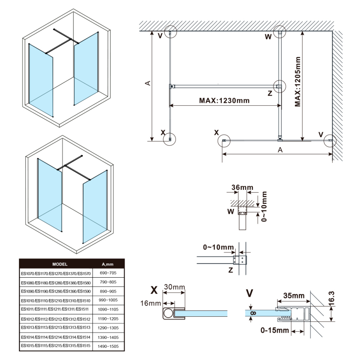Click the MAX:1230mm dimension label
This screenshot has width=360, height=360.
tap(224, 100)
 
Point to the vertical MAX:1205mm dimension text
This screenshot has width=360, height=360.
tap(297, 81)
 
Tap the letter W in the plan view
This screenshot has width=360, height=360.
tap(268, 37)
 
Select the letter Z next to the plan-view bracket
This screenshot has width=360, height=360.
tap(270, 94)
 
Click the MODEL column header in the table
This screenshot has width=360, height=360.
tap(60, 264)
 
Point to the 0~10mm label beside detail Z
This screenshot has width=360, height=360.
tap(219, 247)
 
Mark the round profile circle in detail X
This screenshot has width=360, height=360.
tap(168, 313)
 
